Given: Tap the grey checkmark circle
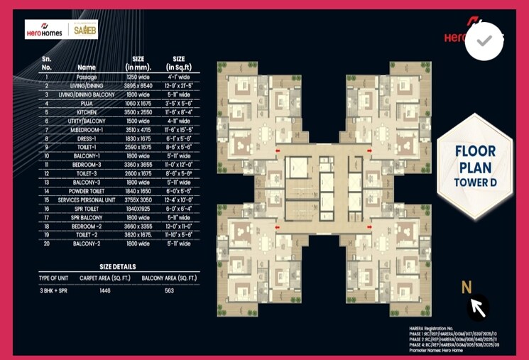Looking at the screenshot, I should tap(484, 41).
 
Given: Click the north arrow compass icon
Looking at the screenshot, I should tap(478, 307).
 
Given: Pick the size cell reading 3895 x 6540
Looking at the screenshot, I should tap(138, 85).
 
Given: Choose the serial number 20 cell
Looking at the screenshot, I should tap(46, 244).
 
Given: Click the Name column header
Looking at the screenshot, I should tap(87, 67).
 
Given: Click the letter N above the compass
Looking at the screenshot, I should tap(467, 288).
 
